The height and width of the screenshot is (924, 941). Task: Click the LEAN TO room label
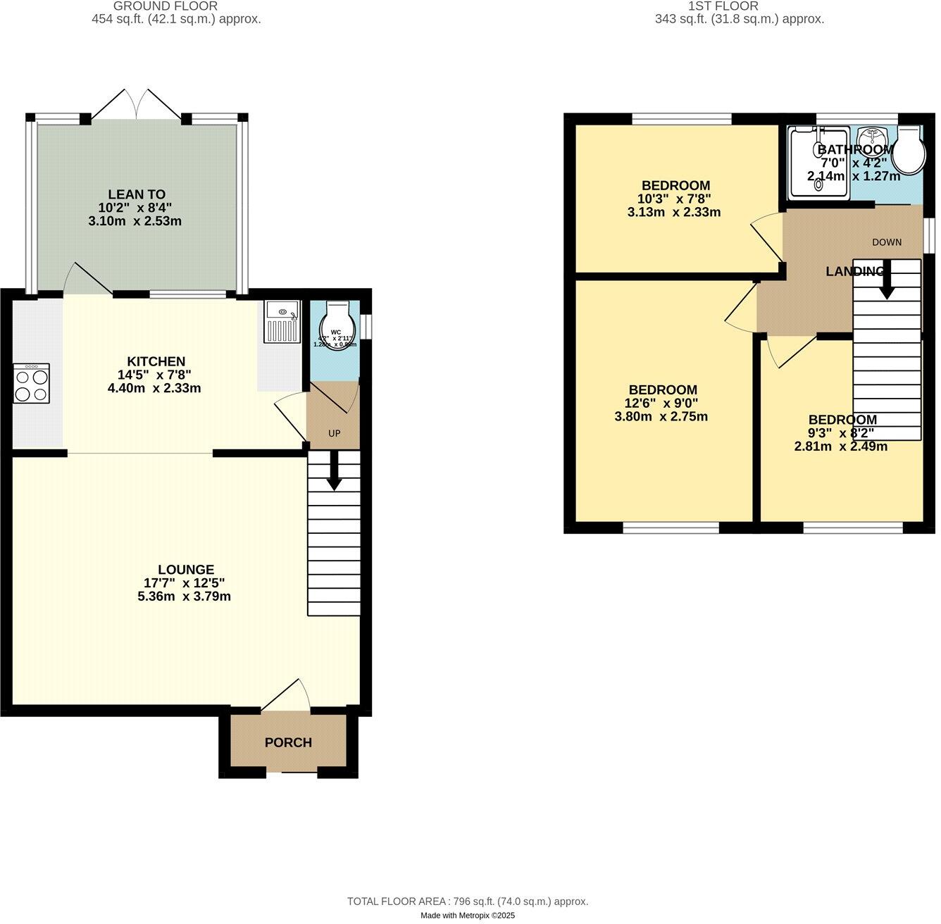136,194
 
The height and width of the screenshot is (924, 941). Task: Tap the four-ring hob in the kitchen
31,384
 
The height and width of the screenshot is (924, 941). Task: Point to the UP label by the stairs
334,433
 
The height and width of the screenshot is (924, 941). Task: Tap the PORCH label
288,742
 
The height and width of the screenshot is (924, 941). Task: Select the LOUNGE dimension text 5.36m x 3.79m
185,597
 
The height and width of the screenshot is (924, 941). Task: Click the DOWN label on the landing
886,242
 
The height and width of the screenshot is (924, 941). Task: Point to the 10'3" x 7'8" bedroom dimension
675,199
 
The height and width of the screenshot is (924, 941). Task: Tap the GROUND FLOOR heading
166,6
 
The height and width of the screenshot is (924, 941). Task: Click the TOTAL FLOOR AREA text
467,901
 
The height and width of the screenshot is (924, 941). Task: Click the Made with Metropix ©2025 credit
468,916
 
